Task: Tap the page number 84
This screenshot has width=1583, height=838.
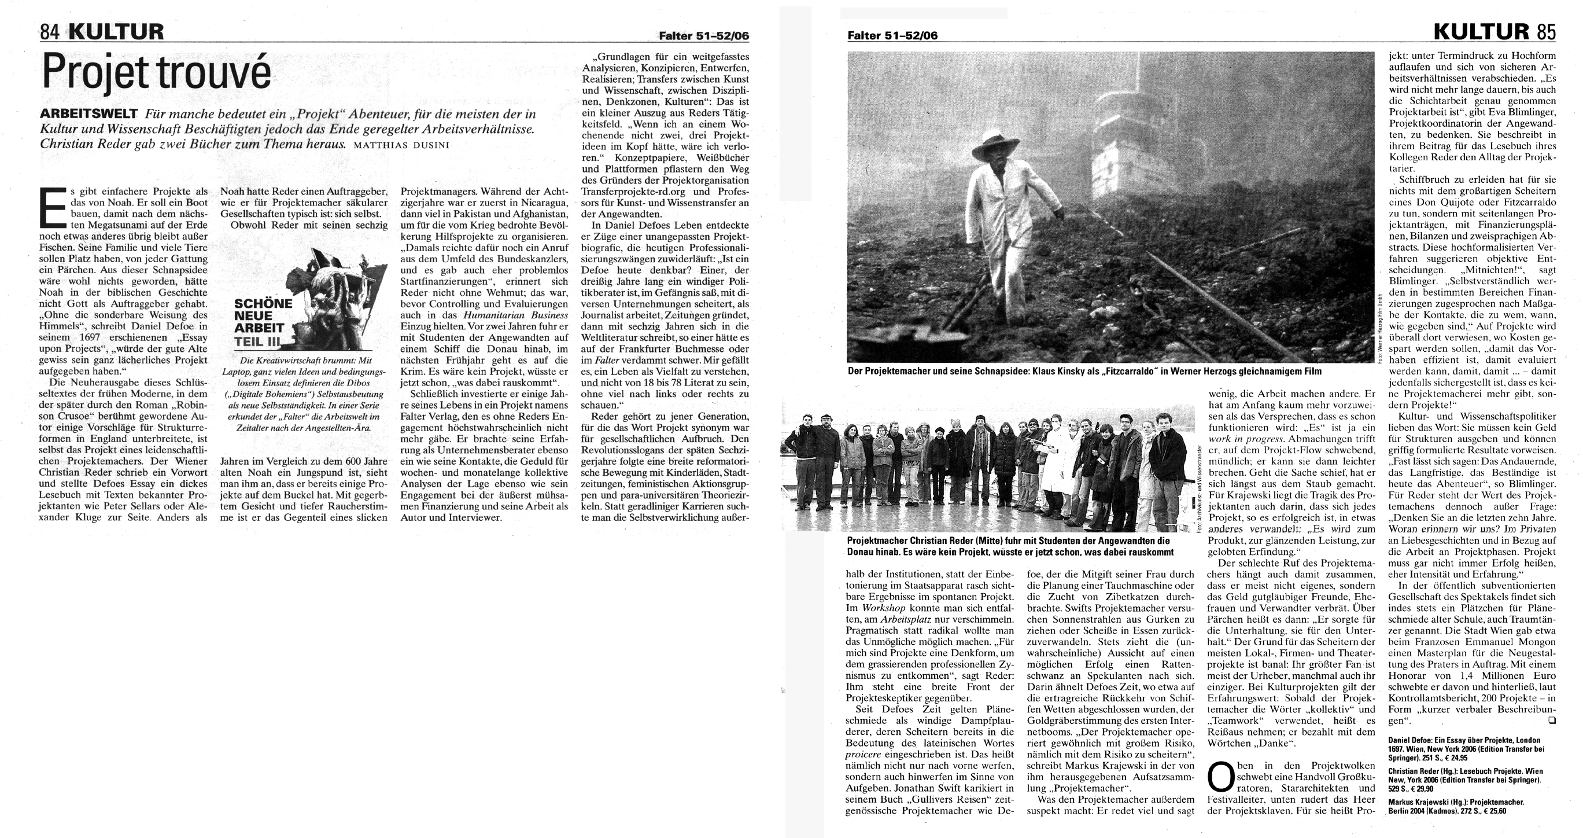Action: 49,31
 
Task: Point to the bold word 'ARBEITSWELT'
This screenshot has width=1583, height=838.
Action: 88,115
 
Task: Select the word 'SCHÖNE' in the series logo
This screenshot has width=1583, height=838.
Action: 263,304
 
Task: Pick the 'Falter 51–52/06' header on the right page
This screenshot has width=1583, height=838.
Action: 892,36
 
